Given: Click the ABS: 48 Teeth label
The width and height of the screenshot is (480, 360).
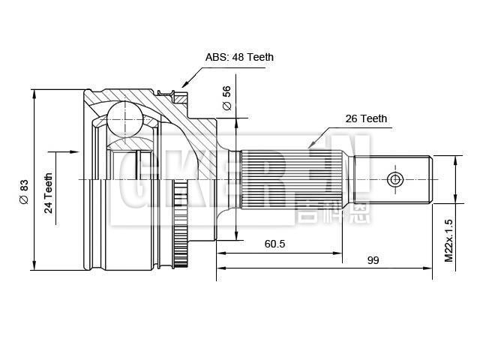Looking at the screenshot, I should (x=240, y=57).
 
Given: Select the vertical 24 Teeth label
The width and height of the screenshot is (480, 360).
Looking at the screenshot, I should (x=48, y=193).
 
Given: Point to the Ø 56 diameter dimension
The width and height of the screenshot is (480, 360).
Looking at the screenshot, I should (x=226, y=97).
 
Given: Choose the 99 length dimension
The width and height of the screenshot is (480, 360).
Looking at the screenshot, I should (x=373, y=260).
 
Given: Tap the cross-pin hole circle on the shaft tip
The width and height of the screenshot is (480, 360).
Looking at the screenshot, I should (x=396, y=179).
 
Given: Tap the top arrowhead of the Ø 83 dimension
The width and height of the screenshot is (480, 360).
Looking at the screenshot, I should (x=34, y=92).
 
